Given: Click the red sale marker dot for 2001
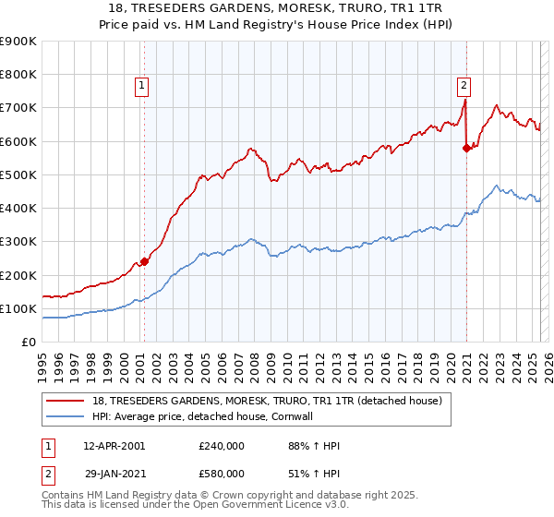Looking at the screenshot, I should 144,261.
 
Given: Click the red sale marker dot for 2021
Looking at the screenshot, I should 466,148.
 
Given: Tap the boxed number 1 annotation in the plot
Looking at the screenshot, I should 142,86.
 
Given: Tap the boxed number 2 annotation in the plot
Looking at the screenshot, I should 464,86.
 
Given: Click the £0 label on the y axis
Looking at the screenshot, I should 28,343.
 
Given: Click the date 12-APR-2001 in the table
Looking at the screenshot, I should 114,446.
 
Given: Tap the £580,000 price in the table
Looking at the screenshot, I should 221,474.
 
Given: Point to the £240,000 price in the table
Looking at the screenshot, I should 221,446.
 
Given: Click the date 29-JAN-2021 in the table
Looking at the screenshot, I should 114,474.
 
